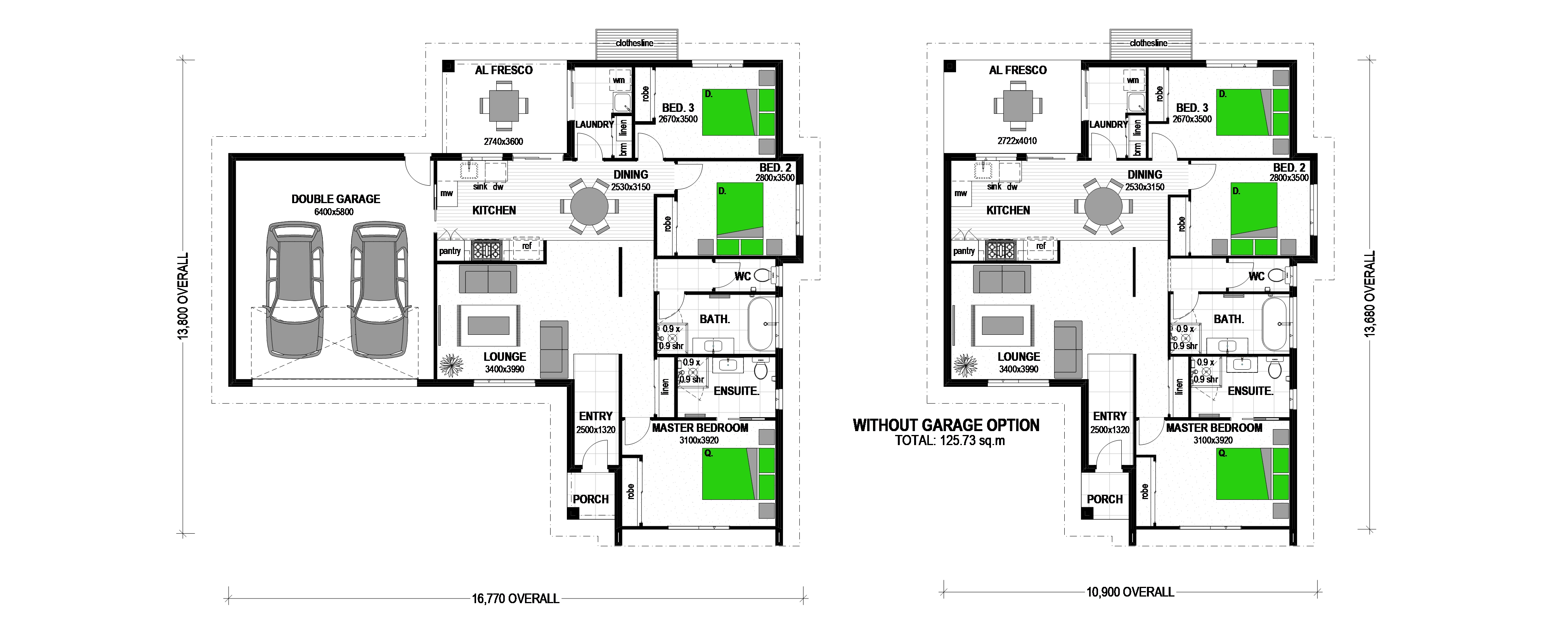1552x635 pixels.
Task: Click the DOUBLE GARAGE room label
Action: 336,199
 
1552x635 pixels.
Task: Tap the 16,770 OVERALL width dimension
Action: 516,599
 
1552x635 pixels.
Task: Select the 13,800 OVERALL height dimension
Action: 183,296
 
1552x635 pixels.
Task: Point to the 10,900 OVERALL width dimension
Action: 1130,592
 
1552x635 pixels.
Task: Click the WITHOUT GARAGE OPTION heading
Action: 946,425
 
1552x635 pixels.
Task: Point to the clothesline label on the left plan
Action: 634,43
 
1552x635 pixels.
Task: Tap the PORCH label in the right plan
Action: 1104,499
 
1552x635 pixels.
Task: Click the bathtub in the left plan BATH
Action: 761,324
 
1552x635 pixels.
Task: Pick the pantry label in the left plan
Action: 449,251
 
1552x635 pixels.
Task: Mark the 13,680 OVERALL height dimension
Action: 1370,294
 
